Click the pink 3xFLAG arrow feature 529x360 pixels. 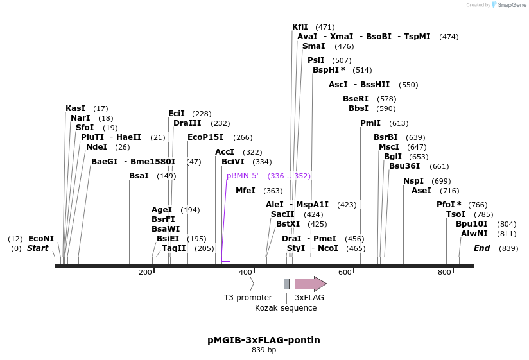tap(310, 284)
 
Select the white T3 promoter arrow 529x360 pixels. tap(249, 284)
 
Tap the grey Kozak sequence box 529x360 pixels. tap(286, 284)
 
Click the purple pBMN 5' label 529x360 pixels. tap(242, 176)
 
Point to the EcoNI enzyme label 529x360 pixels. tap(41, 239)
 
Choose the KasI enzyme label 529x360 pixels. tap(75, 108)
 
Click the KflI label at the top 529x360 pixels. tap(300, 27)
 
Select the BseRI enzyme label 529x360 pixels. tap(356, 99)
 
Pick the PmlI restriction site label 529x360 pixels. tap(370, 123)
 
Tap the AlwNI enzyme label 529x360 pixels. tap(474, 234)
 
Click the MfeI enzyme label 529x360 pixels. tap(245, 191)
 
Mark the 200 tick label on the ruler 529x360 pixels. tap(145, 273)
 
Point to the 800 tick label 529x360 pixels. tap(444, 273)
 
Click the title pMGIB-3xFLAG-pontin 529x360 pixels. tap(264, 339)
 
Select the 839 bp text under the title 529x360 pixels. tap(264, 350)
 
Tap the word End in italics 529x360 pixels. tap(482, 248)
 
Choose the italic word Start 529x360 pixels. tap(37, 248)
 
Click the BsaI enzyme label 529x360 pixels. tap(139, 176)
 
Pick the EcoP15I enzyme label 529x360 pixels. tap(205, 137)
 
